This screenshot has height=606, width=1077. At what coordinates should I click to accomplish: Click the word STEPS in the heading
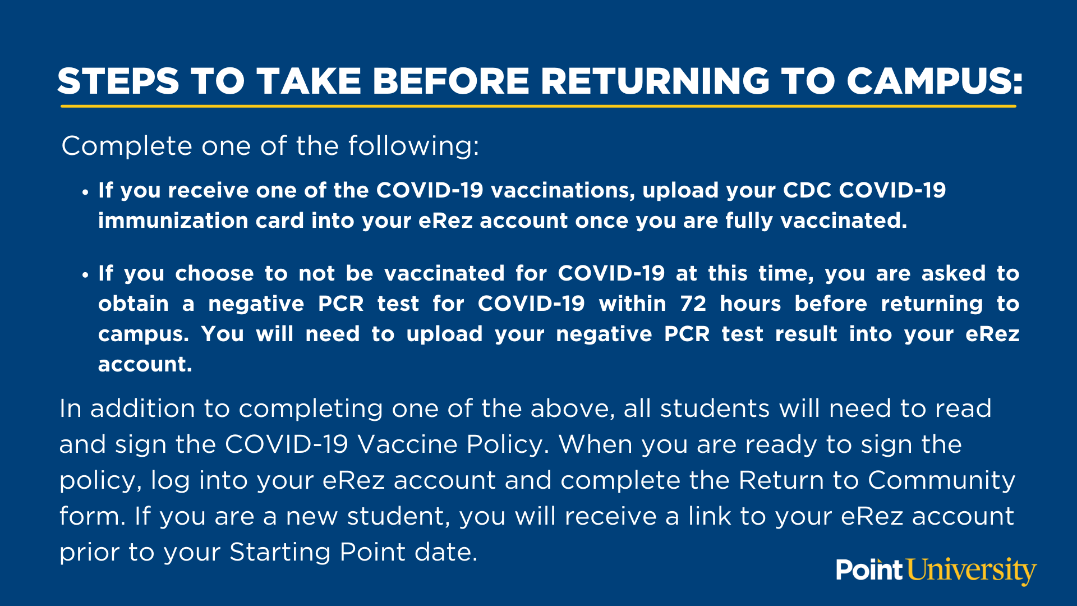coord(118,81)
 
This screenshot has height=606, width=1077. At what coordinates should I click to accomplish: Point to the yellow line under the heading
coord(538,105)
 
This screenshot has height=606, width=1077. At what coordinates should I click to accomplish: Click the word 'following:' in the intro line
coord(414,146)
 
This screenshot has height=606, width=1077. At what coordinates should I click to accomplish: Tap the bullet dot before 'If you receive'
coord(85,192)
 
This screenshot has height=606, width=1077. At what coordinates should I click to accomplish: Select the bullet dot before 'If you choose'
coord(85,275)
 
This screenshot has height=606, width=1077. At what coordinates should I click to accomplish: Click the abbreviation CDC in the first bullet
coord(807,190)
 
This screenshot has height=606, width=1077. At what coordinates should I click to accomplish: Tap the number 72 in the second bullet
coord(693,304)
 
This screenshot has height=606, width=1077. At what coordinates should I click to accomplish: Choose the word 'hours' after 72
coord(750,304)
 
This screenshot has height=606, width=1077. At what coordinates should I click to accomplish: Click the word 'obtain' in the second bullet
coord(134,304)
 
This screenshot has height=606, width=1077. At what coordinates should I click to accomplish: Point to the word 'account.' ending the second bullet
coord(145,364)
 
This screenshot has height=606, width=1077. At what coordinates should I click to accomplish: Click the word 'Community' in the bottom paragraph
coord(941,481)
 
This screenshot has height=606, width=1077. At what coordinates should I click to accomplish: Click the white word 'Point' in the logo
coord(869,570)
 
